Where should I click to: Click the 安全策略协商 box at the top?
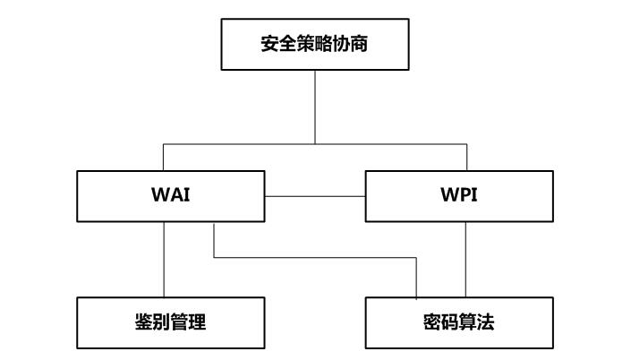314,44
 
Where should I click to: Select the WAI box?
170,196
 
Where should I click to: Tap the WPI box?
460,196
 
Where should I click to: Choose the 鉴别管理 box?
170,322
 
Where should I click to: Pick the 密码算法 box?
460,322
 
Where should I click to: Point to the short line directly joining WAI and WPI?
315,196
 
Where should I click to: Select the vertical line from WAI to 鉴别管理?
164,260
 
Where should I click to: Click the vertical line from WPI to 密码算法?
465,260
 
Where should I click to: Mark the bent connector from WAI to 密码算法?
313,259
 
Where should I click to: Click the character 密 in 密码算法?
433,322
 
